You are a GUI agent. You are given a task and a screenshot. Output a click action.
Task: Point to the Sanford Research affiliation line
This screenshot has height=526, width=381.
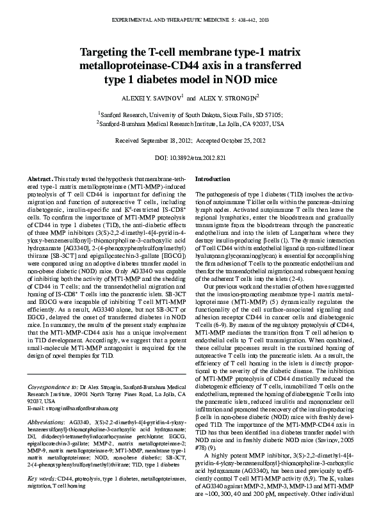click(190, 113)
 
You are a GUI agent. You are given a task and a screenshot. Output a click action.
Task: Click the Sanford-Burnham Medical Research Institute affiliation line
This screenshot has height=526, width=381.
click(190, 123)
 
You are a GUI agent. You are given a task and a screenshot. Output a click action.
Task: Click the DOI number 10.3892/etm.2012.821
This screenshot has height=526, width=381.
click(199, 157)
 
